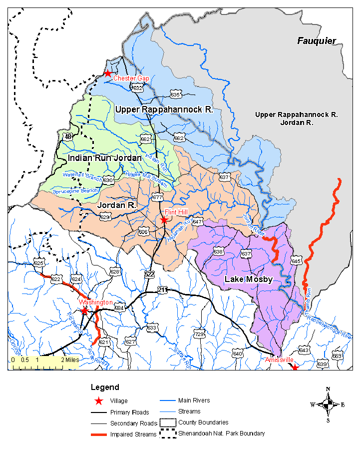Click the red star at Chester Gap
click(x=107, y=73)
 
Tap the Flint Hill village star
click(x=164, y=219)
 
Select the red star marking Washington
click(x=85, y=310)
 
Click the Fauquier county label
click(x=317, y=41)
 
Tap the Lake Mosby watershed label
click(x=248, y=279)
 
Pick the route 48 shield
click(x=68, y=136)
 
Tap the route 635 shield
click(x=175, y=94)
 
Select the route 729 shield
click(x=199, y=333)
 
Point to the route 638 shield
click(x=218, y=251)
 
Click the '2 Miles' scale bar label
click(x=69, y=359)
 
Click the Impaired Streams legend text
click(x=133, y=434)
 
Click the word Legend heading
click(x=105, y=387)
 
